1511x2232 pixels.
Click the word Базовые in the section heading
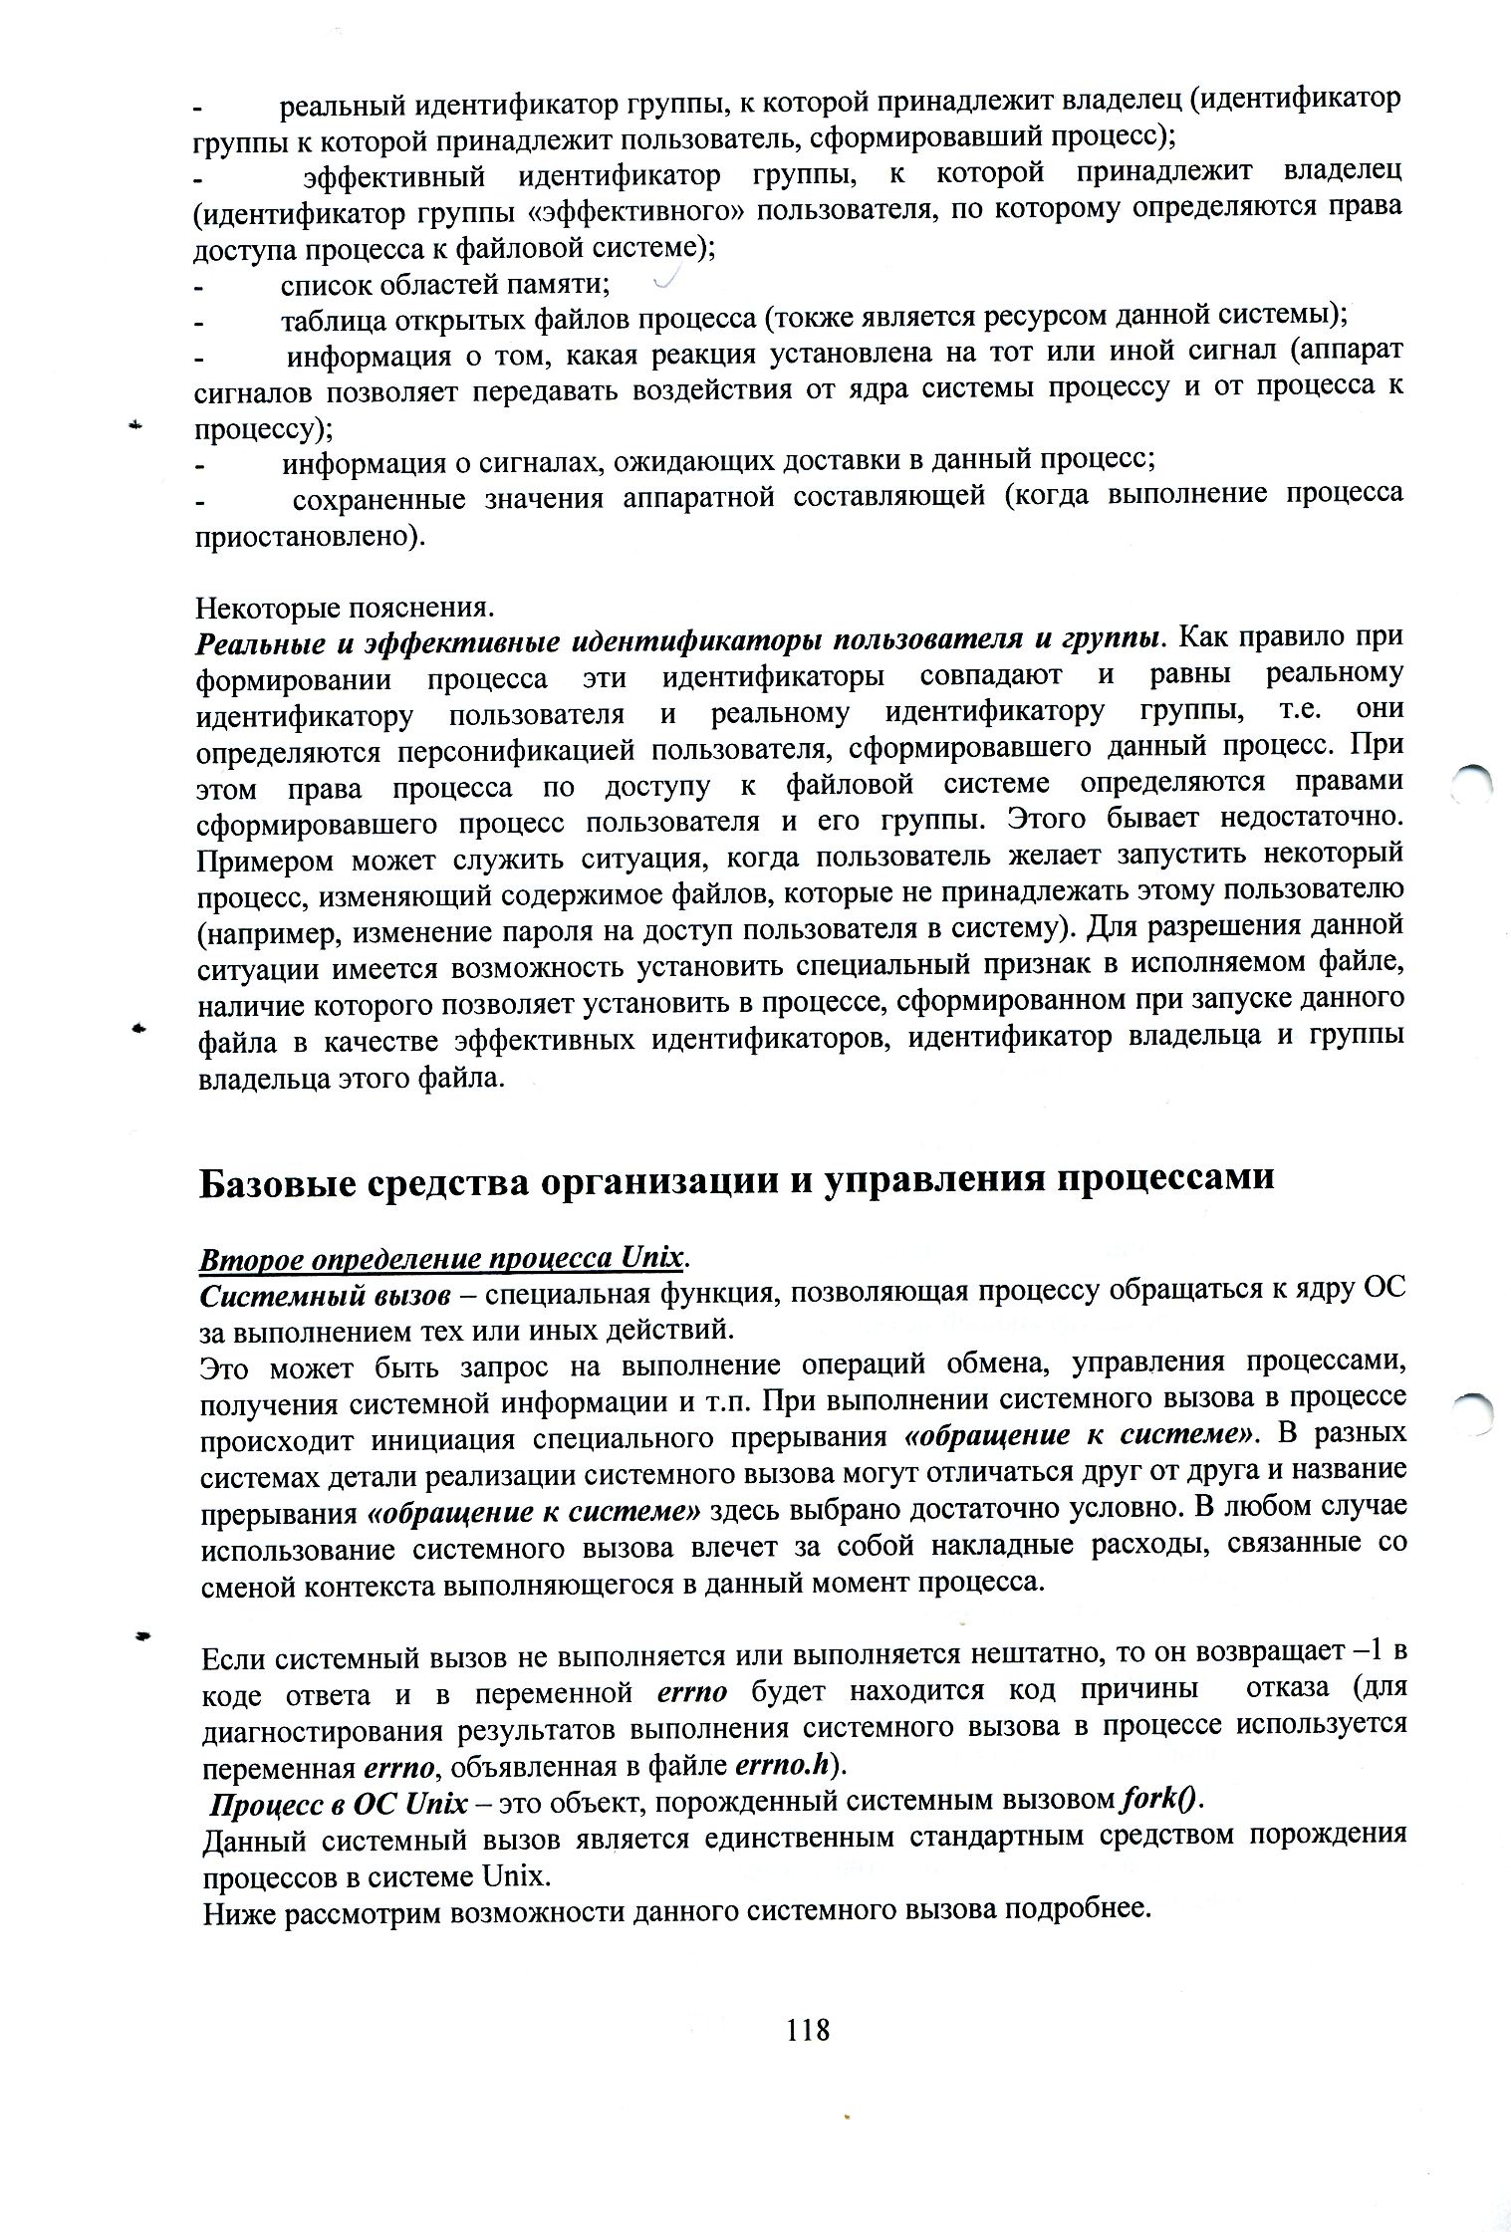[x=280, y=1179]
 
